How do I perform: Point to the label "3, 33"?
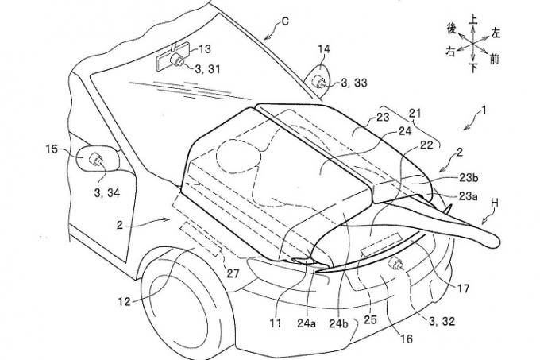pos(356,83)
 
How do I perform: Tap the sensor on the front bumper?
pos(395,264)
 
